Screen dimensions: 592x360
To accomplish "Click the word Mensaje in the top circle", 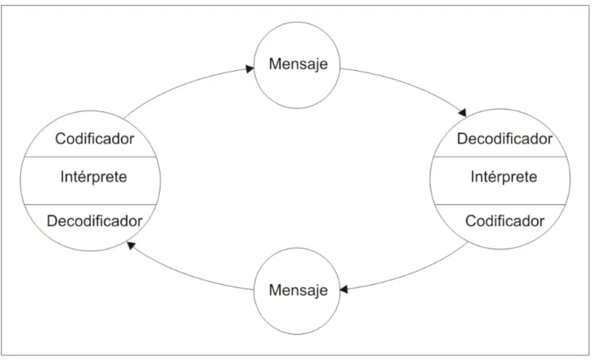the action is pyautogui.click(x=298, y=65).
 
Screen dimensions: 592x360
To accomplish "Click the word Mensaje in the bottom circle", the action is pyautogui.click(x=298, y=291).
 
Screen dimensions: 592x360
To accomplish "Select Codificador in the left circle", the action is pyautogui.click(x=94, y=139).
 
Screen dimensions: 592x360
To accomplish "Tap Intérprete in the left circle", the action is pyautogui.click(x=94, y=177).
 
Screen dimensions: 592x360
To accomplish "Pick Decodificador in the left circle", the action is pyautogui.click(x=94, y=221).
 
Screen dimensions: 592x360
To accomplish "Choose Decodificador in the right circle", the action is pyautogui.click(x=505, y=139).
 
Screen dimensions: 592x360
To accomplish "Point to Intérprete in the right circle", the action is pyautogui.click(x=503, y=177).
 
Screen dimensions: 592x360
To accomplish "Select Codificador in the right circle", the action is pyautogui.click(x=505, y=221).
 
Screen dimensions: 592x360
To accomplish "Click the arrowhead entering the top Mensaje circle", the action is pyautogui.click(x=250, y=69).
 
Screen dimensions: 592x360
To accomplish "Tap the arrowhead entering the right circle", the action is pyautogui.click(x=462, y=112).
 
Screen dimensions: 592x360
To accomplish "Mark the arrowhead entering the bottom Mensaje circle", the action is pyautogui.click(x=344, y=290).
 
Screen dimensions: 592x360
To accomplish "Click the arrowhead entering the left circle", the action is pyautogui.click(x=131, y=245).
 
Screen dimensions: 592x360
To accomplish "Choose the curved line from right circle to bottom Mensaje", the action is pyautogui.click(x=411, y=274).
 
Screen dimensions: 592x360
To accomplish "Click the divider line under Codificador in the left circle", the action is pyautogui.click(x=90, y=157).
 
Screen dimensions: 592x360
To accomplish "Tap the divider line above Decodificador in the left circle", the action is pyautogui.click(x=90, y=205).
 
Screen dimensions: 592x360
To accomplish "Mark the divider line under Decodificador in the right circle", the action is pyautogui.click(x=500, y=157).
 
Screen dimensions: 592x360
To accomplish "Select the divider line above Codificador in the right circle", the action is pyautogui.click(x=500, y=205).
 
